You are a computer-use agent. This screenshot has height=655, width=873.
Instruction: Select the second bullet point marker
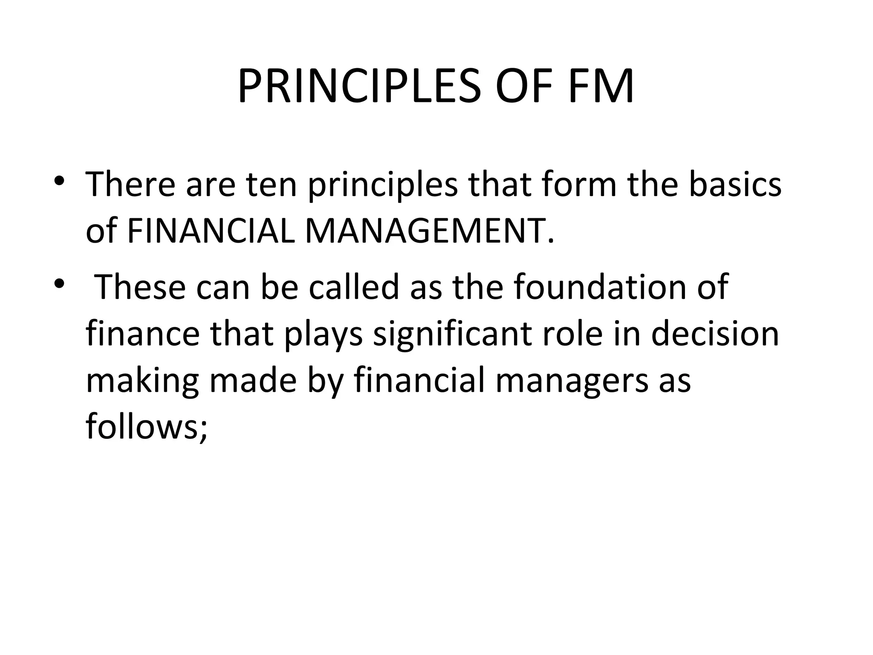point(59,284)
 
